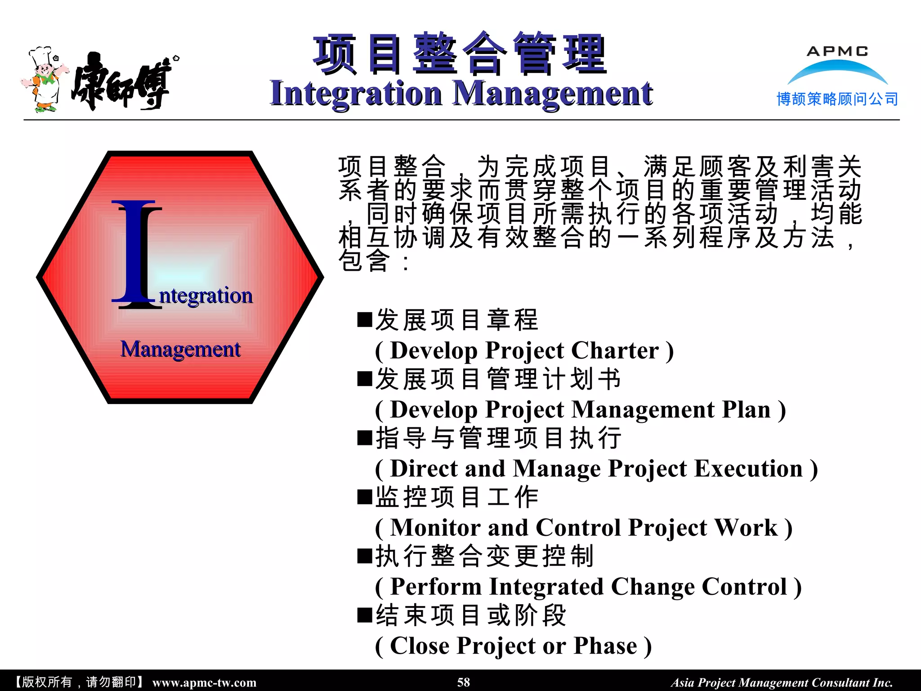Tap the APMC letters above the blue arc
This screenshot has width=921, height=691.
point(837,51)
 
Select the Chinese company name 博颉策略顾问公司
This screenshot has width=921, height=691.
point(837,99)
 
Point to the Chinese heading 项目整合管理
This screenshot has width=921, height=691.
point(460,54)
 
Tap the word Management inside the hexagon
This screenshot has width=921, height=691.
point(180,350)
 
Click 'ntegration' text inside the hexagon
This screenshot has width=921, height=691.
point(206,296)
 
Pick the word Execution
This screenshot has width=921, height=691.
point(748,469)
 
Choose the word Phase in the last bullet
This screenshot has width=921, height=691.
point(605,646)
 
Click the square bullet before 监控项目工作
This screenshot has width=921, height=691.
point(365,497)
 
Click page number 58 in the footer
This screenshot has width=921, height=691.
point(463,682)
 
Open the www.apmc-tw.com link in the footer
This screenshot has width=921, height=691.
point(204,682)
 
